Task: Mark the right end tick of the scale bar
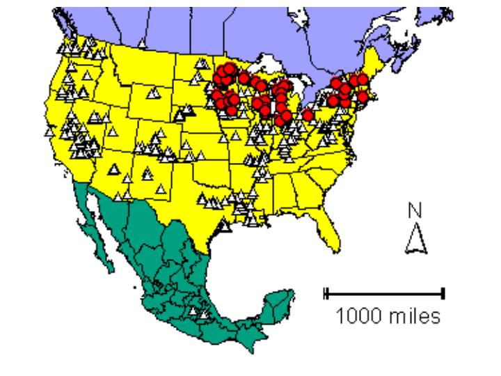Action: tap(443, 294)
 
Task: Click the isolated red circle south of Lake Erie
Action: tap(308, 115)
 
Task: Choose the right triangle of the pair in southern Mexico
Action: tap(204, 315)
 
